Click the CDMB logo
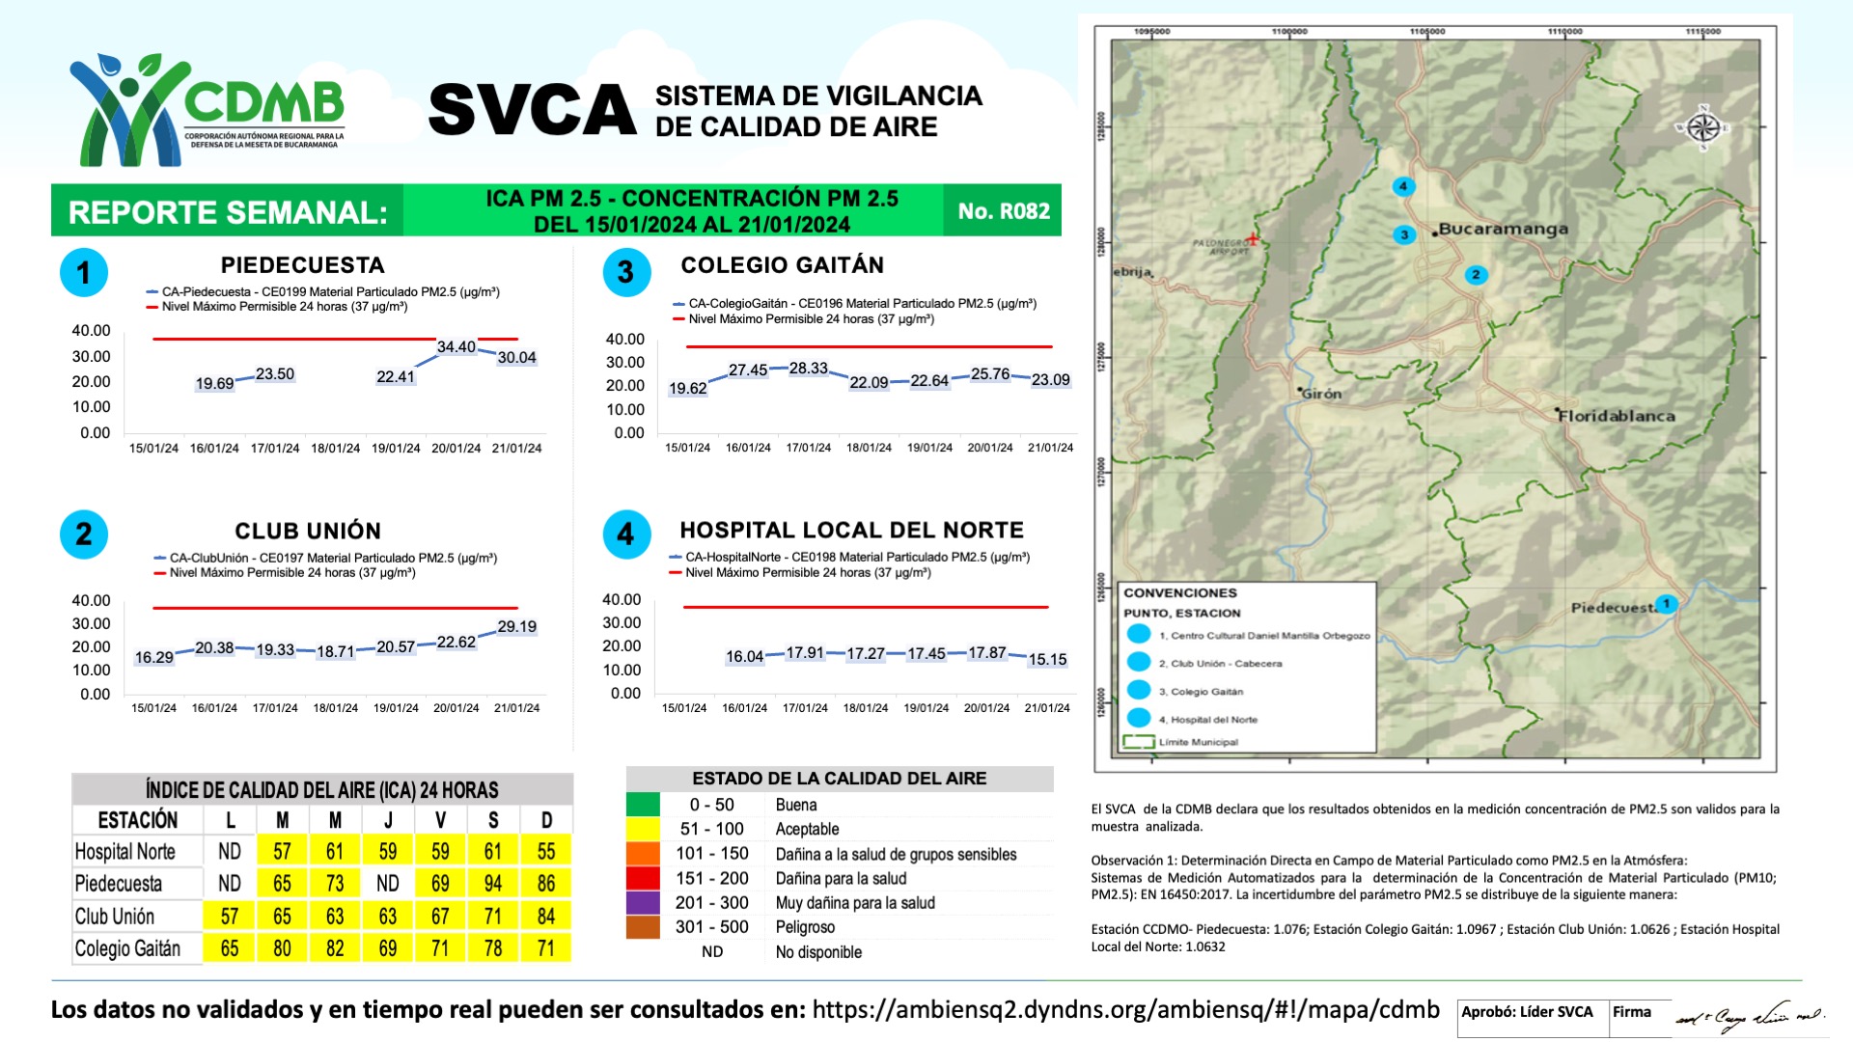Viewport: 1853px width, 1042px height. point(207,109)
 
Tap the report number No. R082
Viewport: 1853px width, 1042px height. point(1003,211)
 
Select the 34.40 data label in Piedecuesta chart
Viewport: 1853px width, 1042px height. point(456,347)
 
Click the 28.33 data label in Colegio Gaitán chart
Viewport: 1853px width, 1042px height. point(808,369)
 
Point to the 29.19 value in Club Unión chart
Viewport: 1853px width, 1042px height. point(516,627)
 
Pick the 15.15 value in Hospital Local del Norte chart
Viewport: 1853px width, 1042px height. point(1047,660)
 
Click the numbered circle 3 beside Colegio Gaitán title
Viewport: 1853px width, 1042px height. point(626,272)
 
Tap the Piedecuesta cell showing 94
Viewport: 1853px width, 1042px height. point(493,884)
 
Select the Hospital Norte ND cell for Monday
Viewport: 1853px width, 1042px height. point(230,852)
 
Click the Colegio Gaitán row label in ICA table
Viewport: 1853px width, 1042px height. point(128,948)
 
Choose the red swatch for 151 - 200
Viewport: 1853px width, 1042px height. point(643,879)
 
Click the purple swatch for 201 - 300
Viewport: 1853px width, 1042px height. point(643,903)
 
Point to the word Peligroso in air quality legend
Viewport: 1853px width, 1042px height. point(805,927)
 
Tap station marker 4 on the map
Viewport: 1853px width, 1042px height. point(1403,186)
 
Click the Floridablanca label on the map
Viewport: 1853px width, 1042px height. point(1618,416)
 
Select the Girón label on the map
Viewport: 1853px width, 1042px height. point(1321,394)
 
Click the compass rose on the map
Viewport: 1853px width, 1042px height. point(1703,127)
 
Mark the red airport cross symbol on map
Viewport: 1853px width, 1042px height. point(1252,238)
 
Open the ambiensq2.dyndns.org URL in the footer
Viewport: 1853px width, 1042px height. point(1125,1010)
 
